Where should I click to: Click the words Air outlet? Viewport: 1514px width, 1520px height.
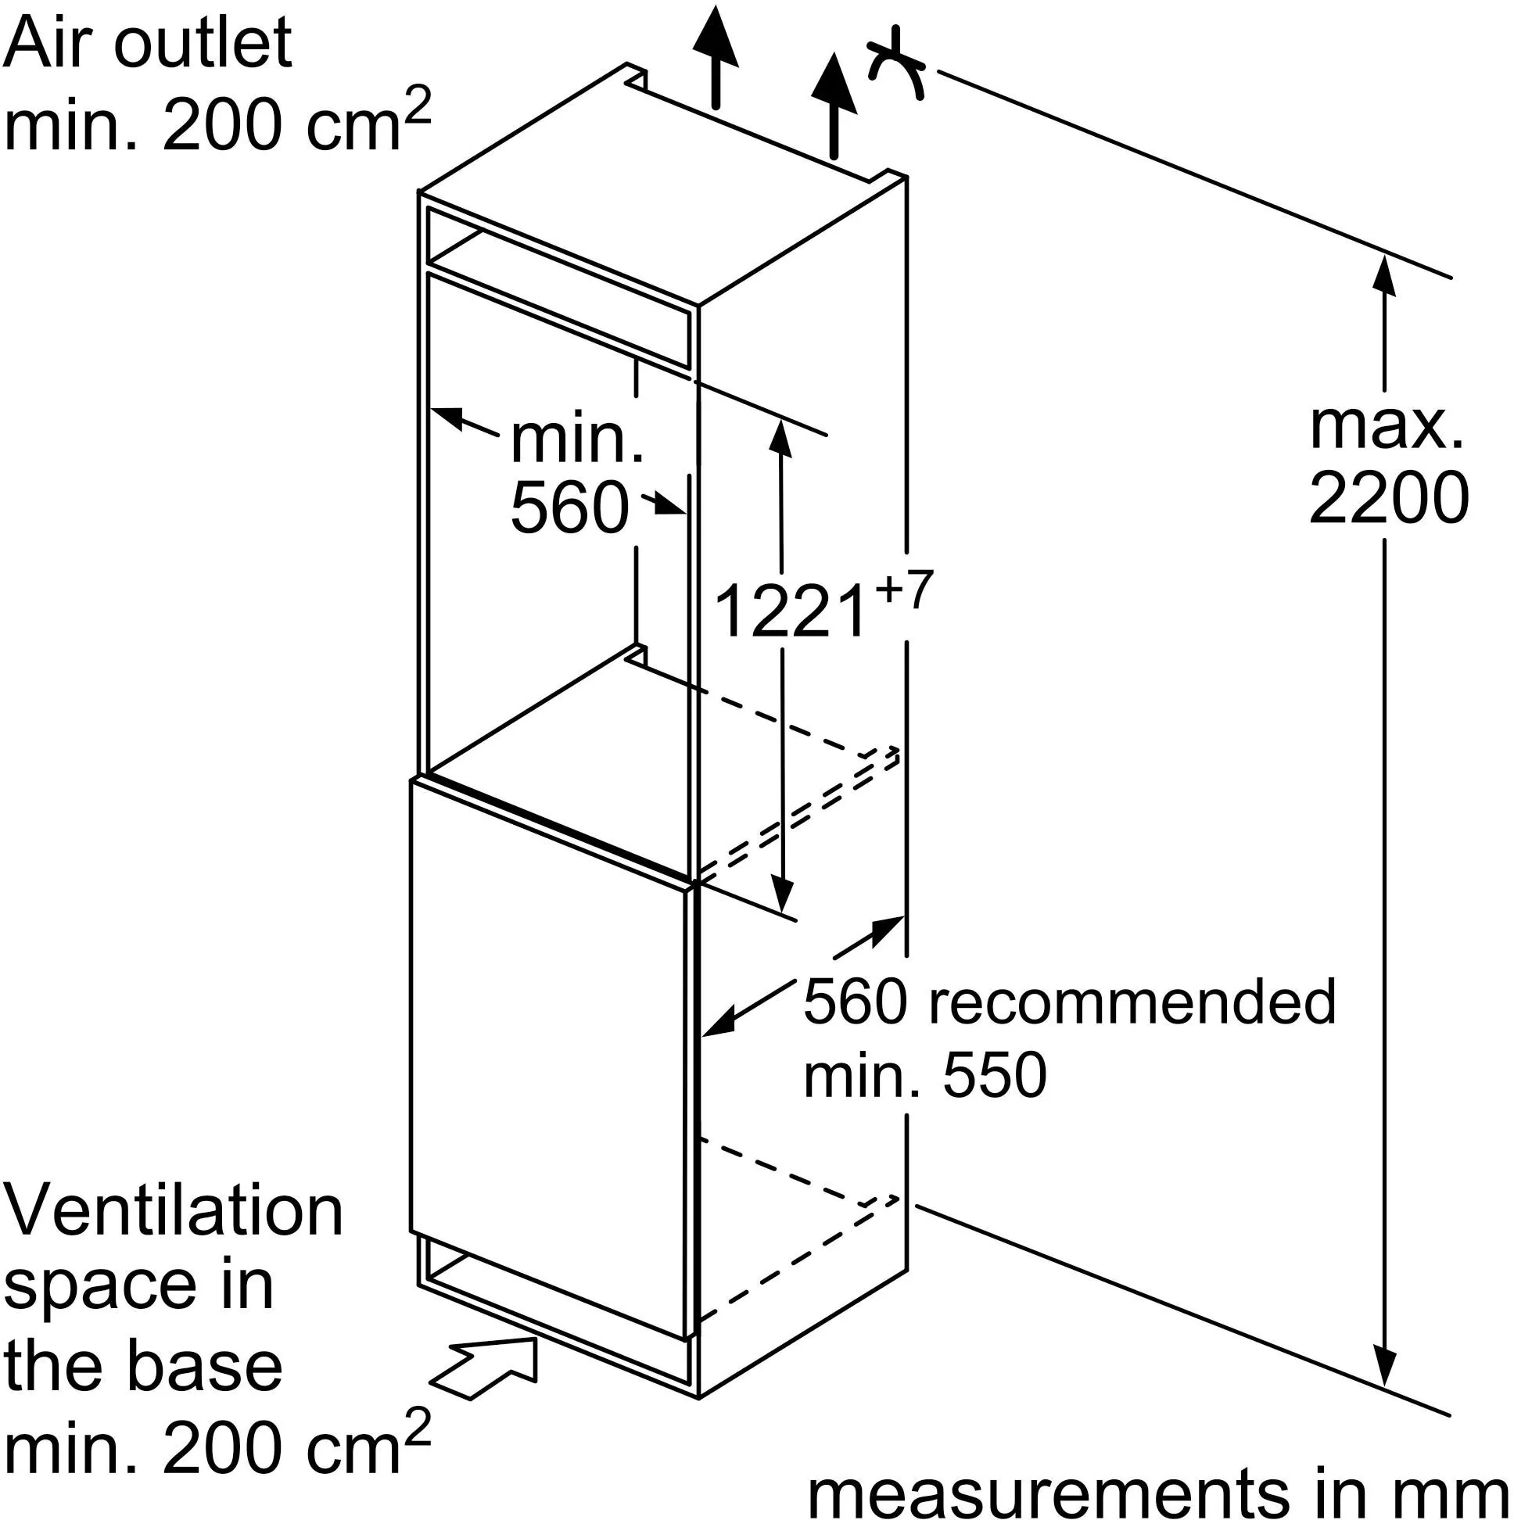[148, 43]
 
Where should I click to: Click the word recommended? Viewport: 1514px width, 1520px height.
[1132, 1002]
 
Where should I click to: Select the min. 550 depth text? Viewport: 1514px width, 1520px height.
[924, 1074]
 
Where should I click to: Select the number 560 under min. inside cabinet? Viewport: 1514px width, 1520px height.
[570, 508]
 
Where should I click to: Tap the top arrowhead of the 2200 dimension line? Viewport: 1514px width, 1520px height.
[1383, 276]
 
